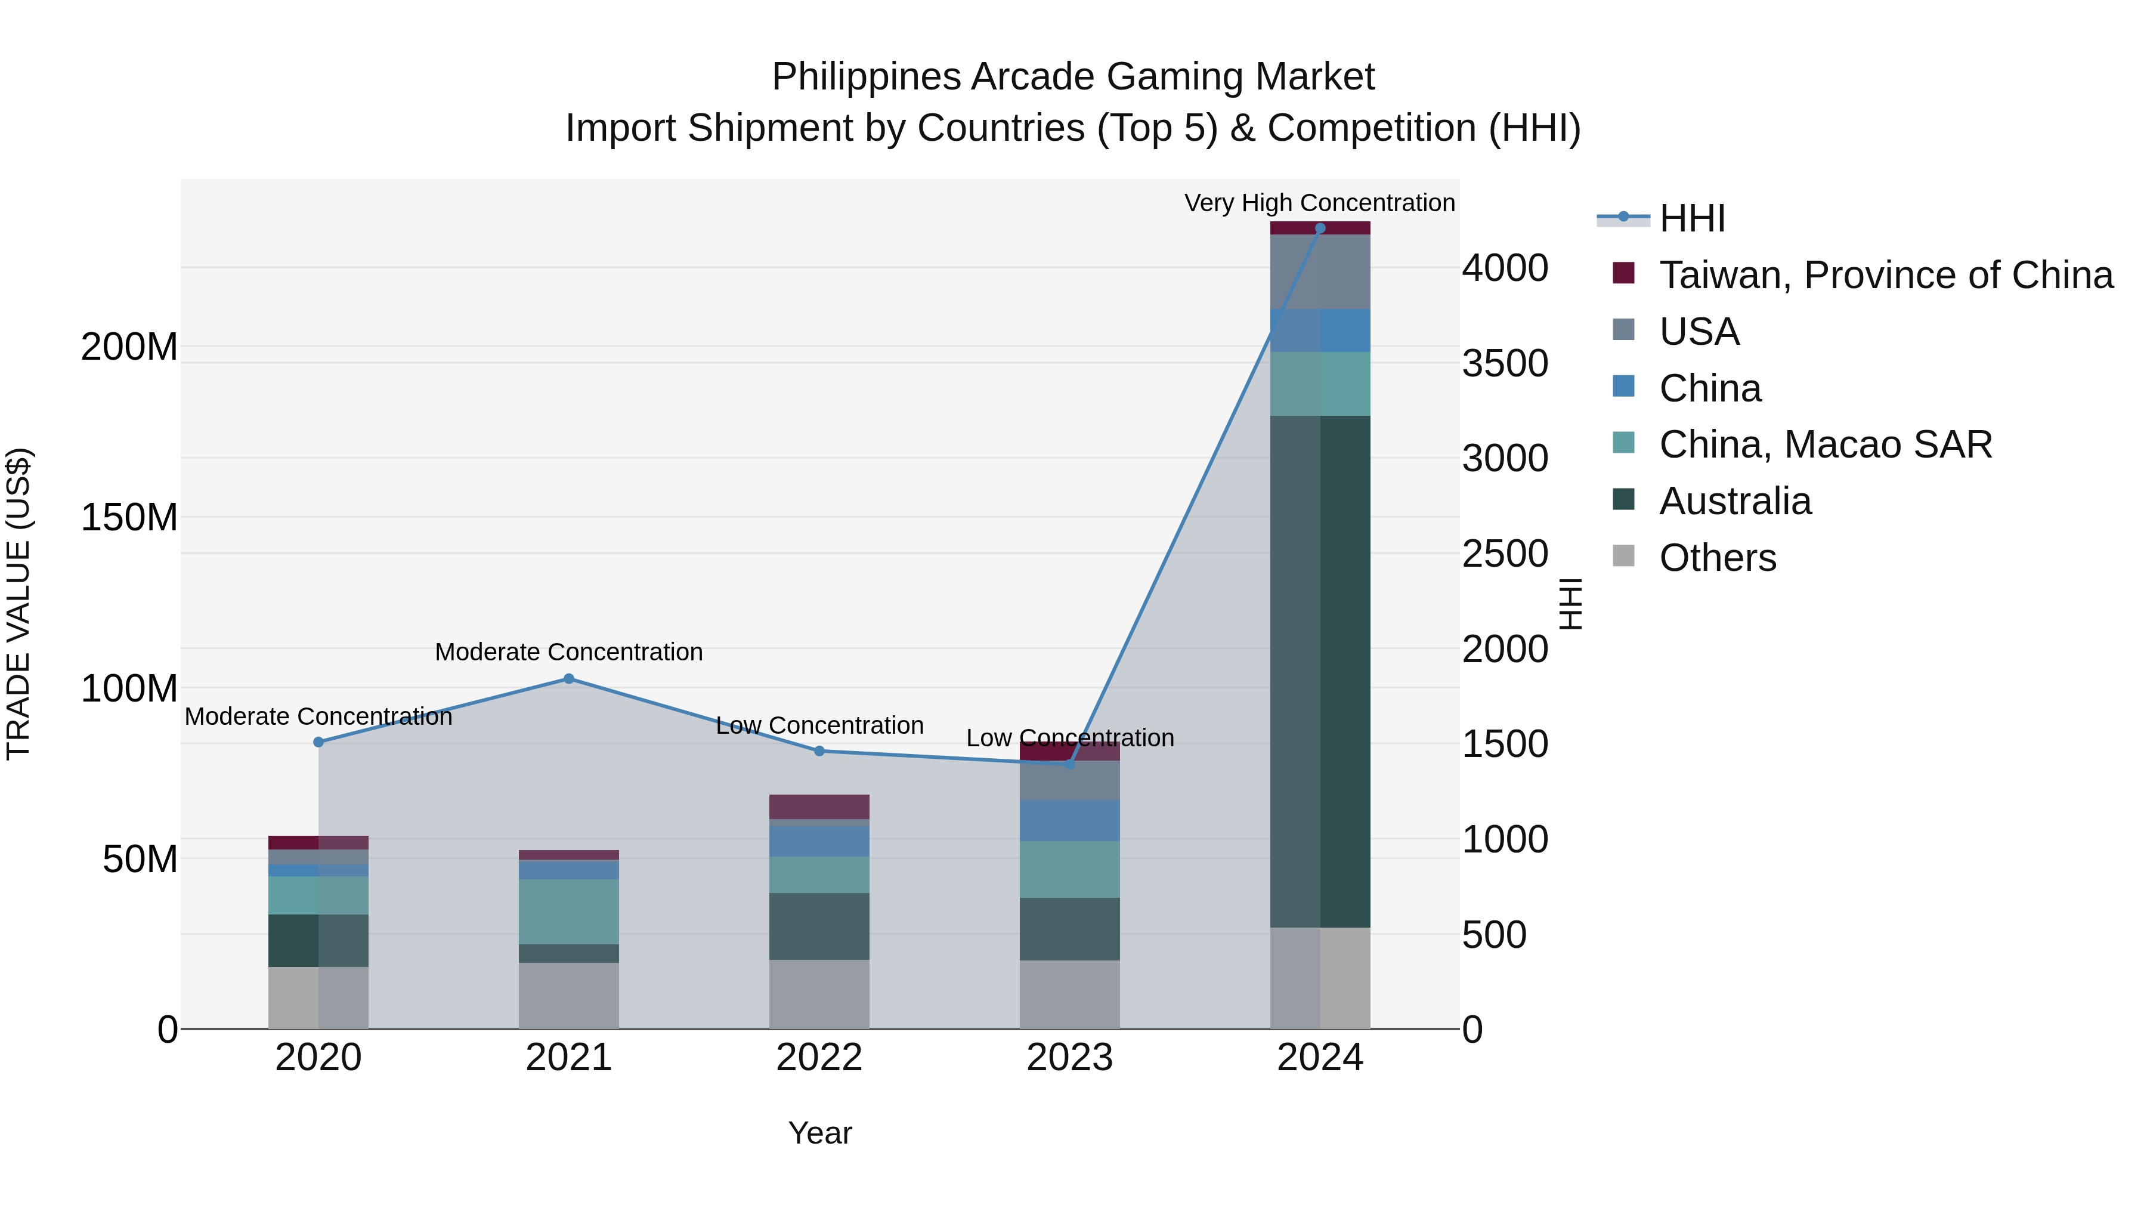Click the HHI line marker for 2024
pyautogui.click(x=1319, y=228)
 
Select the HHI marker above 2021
pyautogui.click(x=568, y=679)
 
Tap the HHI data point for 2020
pyautogui.click(x=318, y=742)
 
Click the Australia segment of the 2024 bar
pyautogui.click(x=1319, y=671)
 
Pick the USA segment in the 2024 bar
pyautogui.click(x=1319, y=272)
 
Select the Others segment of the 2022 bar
pyautogui.click(x=818, y=994)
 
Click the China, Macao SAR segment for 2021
pyautogui.click(x=568, y=911)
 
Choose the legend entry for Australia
pyautogui.click(x=1734, y=501)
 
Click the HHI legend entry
pyautogui.click(x=1691, y=218)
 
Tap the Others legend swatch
pyautogui.click(x=1623, y=556)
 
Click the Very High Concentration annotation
pyautogui.click(x=1319, y=203)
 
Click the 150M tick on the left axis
pyautogui.click(x=129, y=518)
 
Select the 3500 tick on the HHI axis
pyautogui.click(x=1505, y=363)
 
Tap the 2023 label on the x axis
pyautogui.click(x=1069, y=1058)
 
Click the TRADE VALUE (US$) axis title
pyautogui.click(x=18, y=604)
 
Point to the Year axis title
pyautogui.click(x=819, y=1133)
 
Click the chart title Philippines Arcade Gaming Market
pyautogui.click(x=1073, y=77)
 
